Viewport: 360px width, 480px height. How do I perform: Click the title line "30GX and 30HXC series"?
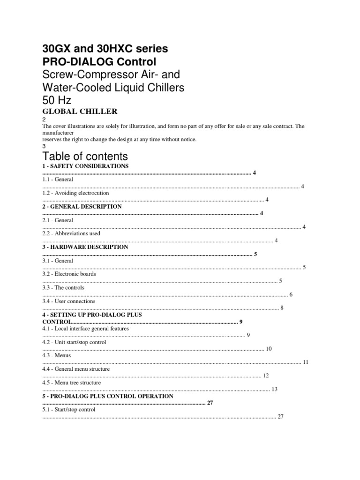105,48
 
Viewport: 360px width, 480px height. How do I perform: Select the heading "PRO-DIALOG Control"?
99,62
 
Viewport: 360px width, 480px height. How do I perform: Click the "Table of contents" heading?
85,156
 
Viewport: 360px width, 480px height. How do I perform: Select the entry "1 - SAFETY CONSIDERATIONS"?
85,166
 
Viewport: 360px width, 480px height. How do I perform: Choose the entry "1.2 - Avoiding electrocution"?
75,193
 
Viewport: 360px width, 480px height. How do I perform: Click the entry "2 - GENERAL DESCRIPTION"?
82,206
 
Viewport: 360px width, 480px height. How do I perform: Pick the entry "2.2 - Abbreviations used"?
71,233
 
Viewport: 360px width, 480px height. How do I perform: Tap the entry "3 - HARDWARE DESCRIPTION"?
85,247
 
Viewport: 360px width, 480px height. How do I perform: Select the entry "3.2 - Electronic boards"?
69,274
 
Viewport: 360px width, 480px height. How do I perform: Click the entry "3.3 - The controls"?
63,287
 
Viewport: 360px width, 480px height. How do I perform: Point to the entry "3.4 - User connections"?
68,301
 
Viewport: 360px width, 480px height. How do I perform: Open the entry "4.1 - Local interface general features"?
85,329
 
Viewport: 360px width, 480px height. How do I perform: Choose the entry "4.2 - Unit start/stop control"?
74,342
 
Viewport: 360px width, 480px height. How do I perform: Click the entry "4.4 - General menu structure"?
76,369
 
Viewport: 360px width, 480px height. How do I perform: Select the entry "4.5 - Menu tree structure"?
71,382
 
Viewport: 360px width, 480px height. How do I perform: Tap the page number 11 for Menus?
306,362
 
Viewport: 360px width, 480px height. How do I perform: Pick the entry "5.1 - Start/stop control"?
68,410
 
